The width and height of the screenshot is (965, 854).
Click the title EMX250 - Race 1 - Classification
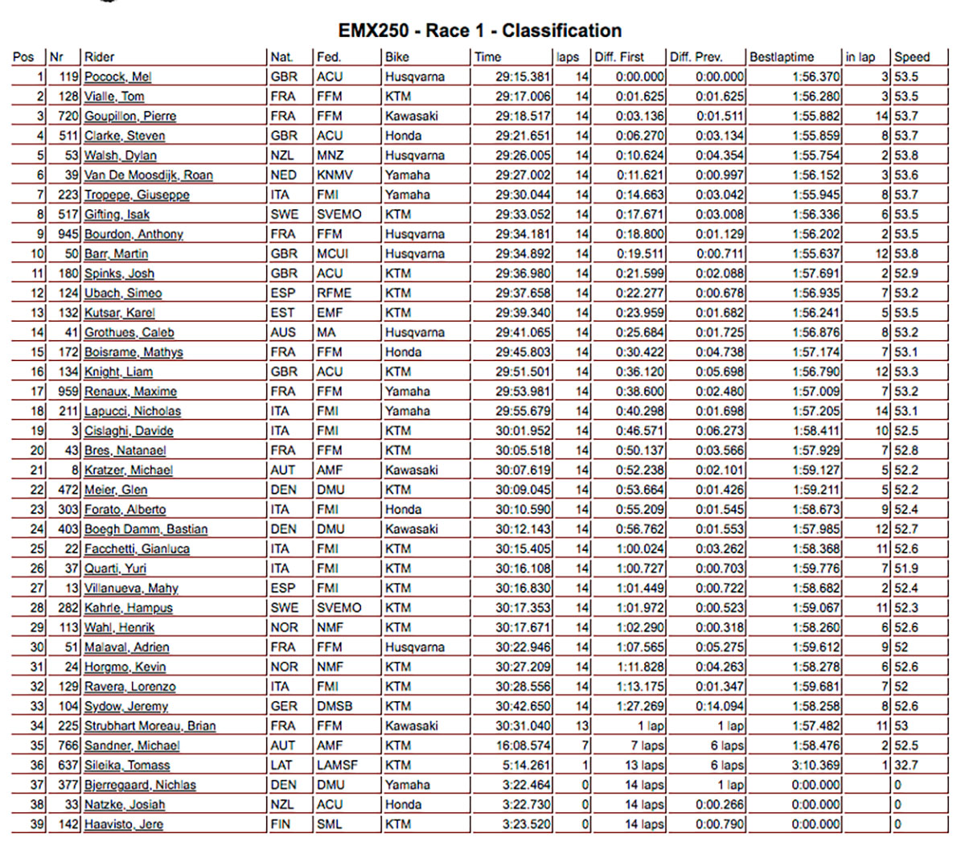pyautogui.click(x=480, y=31)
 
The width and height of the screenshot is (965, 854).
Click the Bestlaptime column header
pyautogui.click(x=782, y=57)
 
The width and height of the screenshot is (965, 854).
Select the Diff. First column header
pyautogui.click(x=619, y=57)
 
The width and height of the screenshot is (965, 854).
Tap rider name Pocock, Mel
pyautogui.click(x=118, y=77)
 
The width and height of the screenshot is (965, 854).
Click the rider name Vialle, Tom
pyautogui.click(x=114, y=96)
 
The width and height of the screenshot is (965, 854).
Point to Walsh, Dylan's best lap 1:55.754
pyautogui.click(x=815, y=155)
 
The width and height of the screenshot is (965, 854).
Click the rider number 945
pyautogui.click(x=68, y=234)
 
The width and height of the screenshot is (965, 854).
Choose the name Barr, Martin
pyautogui.click(x=117, y=254)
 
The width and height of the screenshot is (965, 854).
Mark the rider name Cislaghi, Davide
pyautogui.click(x=129, y=431)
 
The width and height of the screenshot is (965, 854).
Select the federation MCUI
pyautogui.click(x=332, y=254)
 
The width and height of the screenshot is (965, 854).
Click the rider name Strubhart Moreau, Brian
pyautogui.click(x=150, y=726)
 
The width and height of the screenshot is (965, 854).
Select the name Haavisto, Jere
pyautogui.click(x=124, y=824)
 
